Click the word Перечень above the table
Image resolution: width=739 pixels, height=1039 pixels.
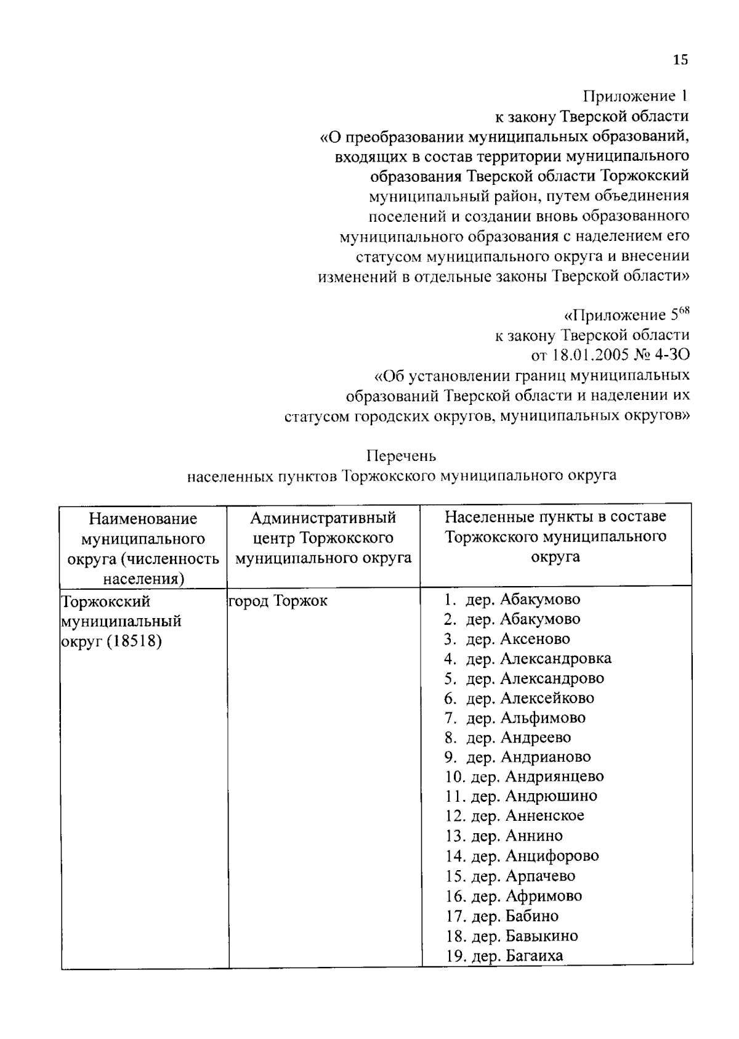pyautogui.click(x=402, y=456)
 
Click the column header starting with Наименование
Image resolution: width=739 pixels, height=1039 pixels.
pyautogui.click(x=143, y=519)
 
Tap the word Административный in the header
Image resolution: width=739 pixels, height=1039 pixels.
pyautogui.click(x=323, y=518)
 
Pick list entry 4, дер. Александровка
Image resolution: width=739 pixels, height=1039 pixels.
pyautogui.click(x=528, y=659)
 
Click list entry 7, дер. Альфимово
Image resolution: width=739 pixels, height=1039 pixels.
pyautogui.click(x=515, y=718)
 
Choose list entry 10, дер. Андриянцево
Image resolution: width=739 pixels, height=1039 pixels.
pyautogui.click(x=525, y=776)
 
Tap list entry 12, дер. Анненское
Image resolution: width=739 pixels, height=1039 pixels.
pyautogui.click(x=515, y=816)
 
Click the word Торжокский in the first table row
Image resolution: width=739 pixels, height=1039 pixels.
pyautogui.click(x=106, y=601)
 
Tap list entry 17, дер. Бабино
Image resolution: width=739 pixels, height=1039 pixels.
pyautogui.click(x=503, y=916)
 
